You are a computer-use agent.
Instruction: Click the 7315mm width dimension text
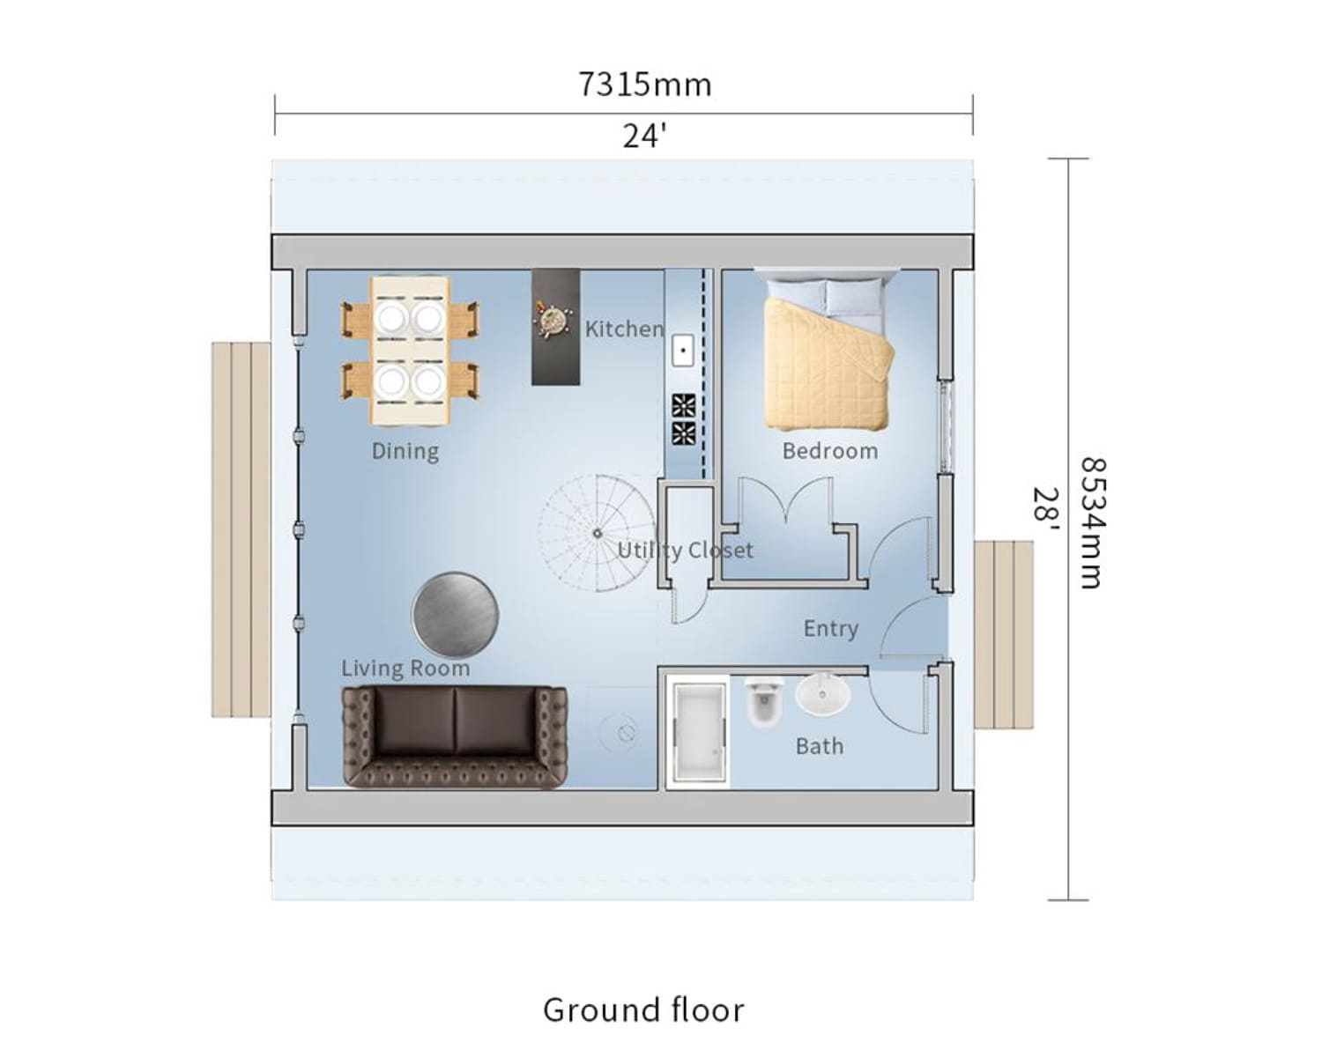pos(645,85)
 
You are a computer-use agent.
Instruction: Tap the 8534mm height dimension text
pos(1094,522)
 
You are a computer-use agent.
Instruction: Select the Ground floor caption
pos(643,1009)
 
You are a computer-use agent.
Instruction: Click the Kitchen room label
pos(624,329)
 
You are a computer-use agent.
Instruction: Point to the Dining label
pos(405,451)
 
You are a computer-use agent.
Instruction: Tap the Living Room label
pos(406,669)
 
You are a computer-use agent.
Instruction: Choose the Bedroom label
pos(830,451)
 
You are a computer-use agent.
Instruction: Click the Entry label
pos(830,629)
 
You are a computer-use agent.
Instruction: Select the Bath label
pos(820,747)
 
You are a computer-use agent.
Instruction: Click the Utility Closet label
pos(685,551)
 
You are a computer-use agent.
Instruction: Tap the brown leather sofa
pos(455,737)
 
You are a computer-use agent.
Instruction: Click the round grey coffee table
pos(455,614)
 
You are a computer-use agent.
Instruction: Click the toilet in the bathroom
pos(763,700)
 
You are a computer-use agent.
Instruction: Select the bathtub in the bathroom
pos(699,732)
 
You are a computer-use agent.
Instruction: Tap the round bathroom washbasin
pos(822,694)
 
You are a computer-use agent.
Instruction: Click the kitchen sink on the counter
pos(682,351)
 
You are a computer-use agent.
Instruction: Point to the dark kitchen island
pos(555,327)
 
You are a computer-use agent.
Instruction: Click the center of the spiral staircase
pos(598,533)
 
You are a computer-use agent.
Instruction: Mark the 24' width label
pos(644,137)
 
